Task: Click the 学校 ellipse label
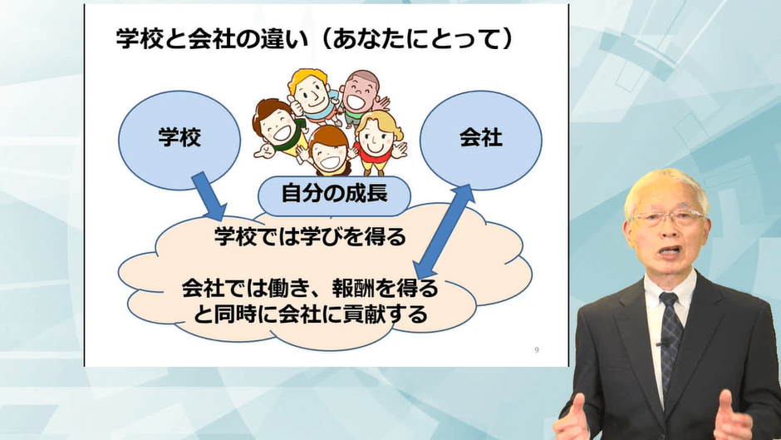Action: pos(179,138)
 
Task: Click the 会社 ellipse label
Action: pos(481,138)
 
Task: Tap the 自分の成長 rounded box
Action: pos(334,195)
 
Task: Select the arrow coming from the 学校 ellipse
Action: pos(209,196)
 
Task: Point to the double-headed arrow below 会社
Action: pos(445,231)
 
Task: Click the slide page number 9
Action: pos(537,350)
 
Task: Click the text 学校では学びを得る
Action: pos(310,237)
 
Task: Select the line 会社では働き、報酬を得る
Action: pos(310,289)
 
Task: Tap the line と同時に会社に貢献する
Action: pos(310,314)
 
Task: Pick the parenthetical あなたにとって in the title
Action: pos(417,38)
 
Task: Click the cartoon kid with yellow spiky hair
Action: pos(312,95)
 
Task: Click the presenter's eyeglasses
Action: pos(667,218)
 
